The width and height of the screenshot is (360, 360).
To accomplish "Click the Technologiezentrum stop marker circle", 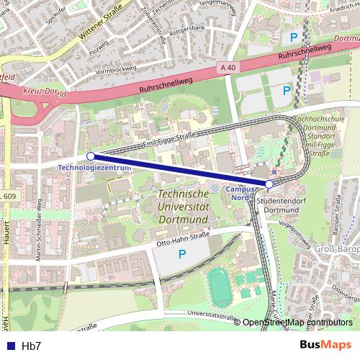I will point(91,156).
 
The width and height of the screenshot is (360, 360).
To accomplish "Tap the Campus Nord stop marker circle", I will point(269,184).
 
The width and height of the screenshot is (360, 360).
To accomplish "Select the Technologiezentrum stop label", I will point(94,168).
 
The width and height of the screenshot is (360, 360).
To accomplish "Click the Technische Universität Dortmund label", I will point(183,204).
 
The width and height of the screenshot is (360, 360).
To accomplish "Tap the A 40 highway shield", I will point(228,68).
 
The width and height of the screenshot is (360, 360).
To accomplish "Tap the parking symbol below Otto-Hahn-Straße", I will point(182,254).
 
